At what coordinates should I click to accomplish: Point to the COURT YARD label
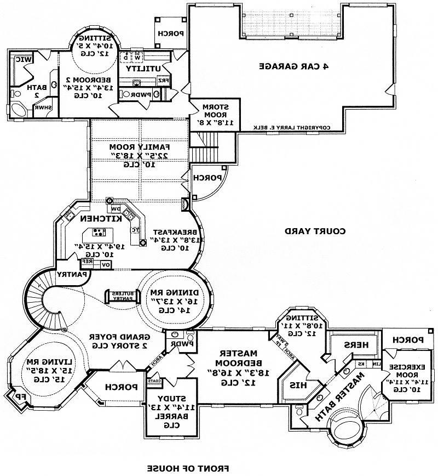click(x=315, y=231)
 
